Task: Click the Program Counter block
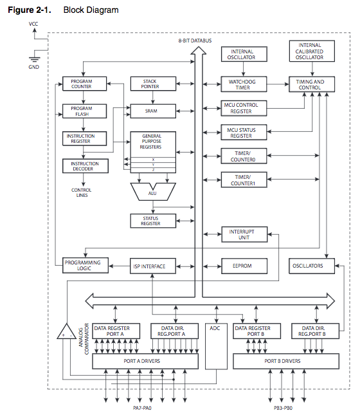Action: tap(84, 84)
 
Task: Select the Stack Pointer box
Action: tap(153, 84)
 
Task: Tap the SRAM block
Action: tap(153, 111)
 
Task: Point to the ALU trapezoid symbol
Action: tap(153, 191)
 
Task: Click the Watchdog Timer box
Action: tap(244, 84)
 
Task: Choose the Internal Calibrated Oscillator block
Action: tap(312, 51)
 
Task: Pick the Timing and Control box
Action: tap(312, 84)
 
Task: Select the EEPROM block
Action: tap(244, 266)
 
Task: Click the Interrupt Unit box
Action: tap(244, 234)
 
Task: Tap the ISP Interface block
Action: tap(153, 266)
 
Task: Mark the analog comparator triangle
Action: tap(66, 331)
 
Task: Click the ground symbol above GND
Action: tap(34, 60)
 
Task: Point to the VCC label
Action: tap(33, 24)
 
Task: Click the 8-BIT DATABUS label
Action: tap(195, 41)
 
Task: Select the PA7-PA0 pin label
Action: tap(142, 408)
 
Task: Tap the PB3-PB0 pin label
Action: tap(283, 408)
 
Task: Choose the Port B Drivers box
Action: tap(286, 361)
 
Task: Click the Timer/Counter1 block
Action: tap(244, 180)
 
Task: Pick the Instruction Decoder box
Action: tap(85, 166)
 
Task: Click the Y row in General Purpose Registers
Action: tap(153, 165)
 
